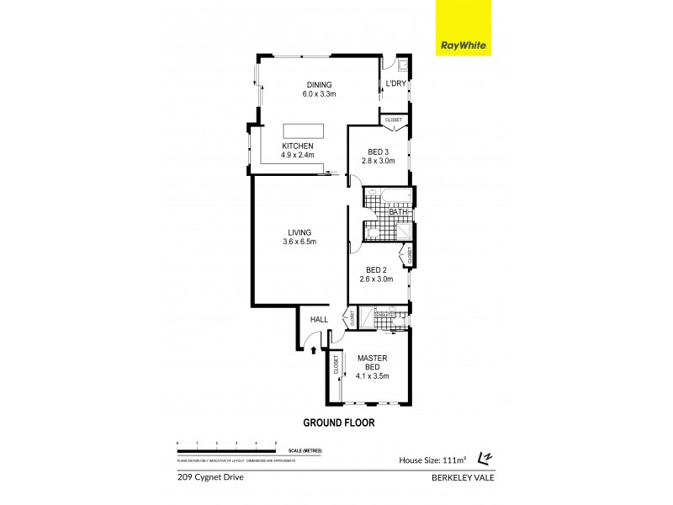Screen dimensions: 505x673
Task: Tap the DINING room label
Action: coord(319,84)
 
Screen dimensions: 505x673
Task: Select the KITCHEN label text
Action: coord(298,146)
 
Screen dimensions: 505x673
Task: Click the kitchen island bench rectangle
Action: coord(303,130)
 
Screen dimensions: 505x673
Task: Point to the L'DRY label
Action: coord(395,82)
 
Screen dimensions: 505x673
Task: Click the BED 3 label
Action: coord(378,151)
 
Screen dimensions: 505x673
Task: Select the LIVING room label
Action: coord(299,232)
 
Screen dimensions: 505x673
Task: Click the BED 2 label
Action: coord(377,269)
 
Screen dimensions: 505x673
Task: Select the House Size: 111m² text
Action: coord(434,460)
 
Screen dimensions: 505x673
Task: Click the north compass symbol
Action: coord(485,457)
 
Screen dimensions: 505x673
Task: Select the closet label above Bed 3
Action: coord(394,120)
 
